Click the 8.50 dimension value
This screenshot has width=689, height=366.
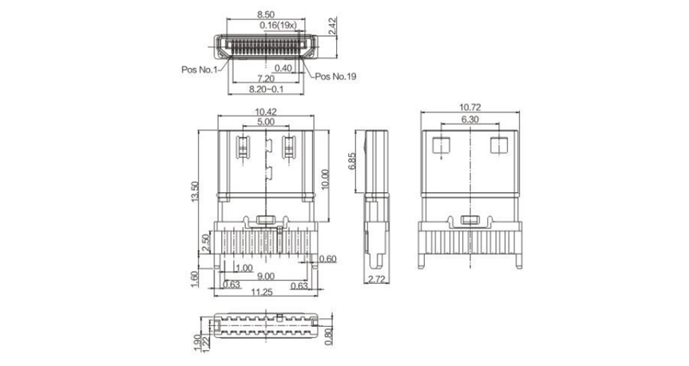266,14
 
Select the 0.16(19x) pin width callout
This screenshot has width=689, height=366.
278,25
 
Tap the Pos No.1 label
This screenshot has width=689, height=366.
199,69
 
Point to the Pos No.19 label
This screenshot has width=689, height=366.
335,77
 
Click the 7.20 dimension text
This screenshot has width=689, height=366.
265,79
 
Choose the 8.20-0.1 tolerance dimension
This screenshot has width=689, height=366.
267,89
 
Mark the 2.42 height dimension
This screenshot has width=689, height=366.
332,26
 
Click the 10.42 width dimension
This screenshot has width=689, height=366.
266,112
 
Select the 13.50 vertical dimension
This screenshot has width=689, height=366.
195,192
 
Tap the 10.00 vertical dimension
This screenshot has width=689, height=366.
325,179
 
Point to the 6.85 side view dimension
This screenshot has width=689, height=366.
352,162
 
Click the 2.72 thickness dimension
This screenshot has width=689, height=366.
377,279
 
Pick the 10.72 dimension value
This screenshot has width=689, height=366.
470,107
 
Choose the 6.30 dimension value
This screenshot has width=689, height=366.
469,120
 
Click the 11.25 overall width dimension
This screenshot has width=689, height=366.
262,292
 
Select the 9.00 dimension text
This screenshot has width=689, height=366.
265,277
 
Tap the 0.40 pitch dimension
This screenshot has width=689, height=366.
283,68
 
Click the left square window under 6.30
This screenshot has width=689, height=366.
442,145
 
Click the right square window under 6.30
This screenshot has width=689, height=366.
499,145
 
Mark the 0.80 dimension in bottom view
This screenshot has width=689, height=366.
330,336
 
